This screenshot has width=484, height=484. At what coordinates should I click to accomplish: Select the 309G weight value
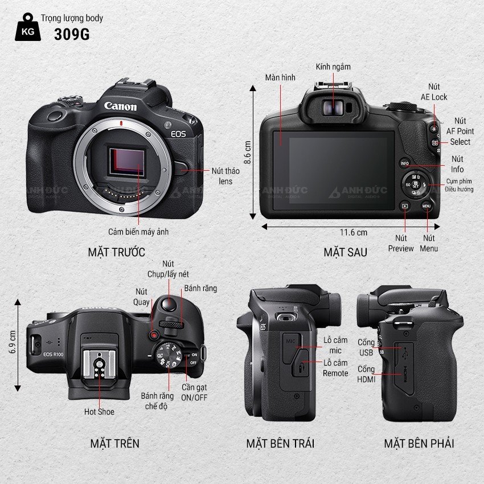coord(72,34)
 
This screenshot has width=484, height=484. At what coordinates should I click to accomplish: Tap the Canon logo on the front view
coord(120,106)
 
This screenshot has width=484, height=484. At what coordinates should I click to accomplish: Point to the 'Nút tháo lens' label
coord(225,176)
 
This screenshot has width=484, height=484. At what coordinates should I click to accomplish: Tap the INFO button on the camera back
coord(405,163)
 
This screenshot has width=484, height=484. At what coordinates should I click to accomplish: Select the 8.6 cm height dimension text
coord(247,153)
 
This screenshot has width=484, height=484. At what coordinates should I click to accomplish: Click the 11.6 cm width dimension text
coord(354,232)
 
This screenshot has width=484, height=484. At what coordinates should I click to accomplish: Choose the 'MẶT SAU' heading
coord(346,252)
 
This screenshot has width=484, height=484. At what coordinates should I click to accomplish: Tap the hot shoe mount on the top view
coord(100,364)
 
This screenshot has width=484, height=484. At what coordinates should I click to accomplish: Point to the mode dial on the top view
coord(168,355)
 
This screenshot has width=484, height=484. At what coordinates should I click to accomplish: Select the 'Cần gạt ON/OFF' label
coord(194,392)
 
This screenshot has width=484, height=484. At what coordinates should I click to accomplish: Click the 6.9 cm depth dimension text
coord(13,342)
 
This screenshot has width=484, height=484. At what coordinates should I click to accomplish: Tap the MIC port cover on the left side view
coord(292,348)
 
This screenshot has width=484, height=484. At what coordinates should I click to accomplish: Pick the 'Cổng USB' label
coord(366,347)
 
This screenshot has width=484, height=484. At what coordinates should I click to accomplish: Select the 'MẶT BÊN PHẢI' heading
coord(419,444)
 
